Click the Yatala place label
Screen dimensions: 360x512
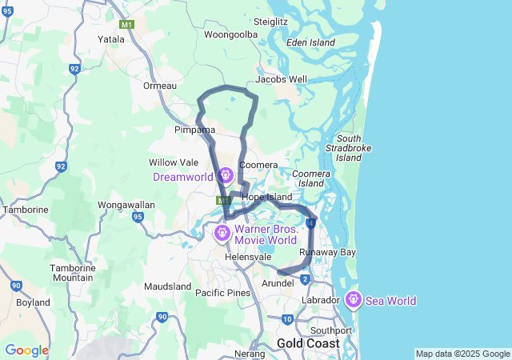point(110,38)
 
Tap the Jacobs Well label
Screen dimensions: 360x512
point(281,79)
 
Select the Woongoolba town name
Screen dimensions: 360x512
point(230,35)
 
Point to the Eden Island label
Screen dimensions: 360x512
point(310,42)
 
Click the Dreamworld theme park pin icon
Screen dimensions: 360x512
point(225,174)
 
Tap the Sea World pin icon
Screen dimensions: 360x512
point(353,300)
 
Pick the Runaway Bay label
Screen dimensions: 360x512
point(327,252)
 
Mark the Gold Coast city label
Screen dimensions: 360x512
point(307,342)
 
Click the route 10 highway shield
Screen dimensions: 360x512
point(287,319)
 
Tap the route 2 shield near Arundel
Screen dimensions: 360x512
point(306,278)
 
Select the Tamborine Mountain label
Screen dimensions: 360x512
point(73,272)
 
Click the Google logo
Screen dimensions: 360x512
point(26,350)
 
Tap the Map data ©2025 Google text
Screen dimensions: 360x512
point(462,354)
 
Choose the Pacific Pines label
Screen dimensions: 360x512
point(222,293)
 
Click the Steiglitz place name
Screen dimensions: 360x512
point(270,21)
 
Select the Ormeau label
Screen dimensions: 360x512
point(158,86)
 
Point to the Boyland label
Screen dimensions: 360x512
point(33,302)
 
